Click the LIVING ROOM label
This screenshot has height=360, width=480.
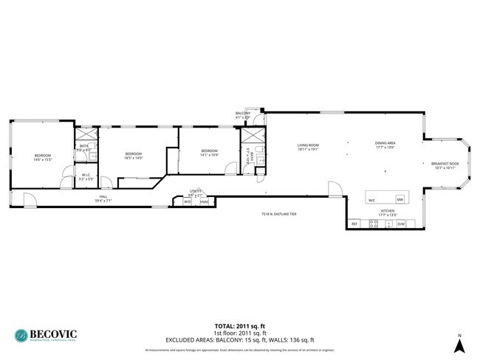click(307, 145)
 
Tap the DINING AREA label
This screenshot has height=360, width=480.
click(385, 143)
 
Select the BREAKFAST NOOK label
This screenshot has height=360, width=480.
click(445, 164)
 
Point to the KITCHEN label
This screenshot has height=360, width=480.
click(388, 210)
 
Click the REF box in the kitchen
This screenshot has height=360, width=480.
click(354, 224)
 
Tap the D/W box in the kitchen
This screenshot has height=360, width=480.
click(401, 224)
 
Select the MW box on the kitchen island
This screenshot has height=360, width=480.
click(400, 200)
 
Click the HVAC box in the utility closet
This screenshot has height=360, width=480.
click(204, 201)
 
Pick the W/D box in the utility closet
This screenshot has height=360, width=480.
click(188, 201)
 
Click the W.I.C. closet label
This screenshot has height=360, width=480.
click(86, 175)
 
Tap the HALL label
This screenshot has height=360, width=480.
click(103, 197)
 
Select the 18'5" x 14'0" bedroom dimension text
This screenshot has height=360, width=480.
click(133, 157)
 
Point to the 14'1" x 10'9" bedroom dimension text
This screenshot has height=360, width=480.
click(209, 155)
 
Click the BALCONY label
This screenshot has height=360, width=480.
click(243, 113)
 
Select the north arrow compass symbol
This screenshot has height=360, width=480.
click(459, 342)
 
